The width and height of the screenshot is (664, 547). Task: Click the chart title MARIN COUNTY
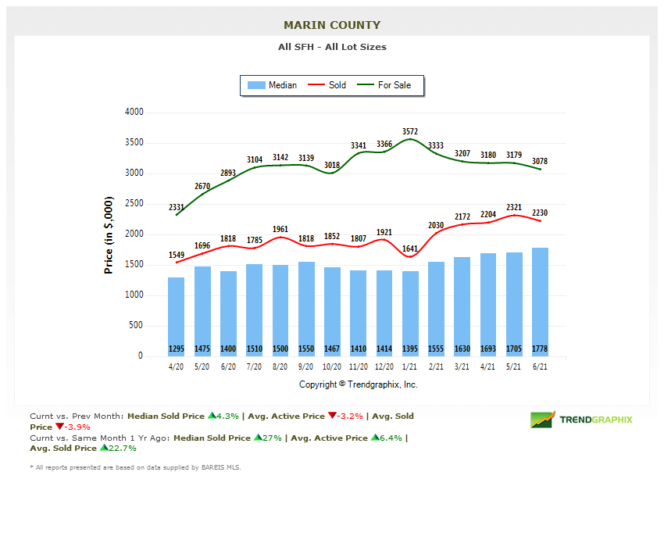[x=332, y=25]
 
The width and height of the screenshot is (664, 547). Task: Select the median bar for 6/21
[x=540, y=302]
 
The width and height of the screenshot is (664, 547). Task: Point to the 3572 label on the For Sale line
[x=411, y=131]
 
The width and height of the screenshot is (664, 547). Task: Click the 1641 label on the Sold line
[x=411, y=249]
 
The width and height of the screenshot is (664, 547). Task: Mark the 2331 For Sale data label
[x=177, y=207]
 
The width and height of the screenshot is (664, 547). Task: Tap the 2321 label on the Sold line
[x=514, y=207]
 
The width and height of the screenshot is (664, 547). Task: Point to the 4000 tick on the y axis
[x=134, y=113]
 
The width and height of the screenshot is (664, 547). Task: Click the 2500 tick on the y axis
[x=134, y=204]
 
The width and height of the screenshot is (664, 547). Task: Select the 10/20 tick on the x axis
[x=333, y=367]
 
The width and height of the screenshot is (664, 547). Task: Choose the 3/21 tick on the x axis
[x=462, y=367]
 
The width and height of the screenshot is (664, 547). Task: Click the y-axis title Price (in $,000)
[x=109, y=234]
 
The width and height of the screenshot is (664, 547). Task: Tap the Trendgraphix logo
[x=581, y=420]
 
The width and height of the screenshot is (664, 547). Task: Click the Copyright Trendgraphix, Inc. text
[x=359, y=384]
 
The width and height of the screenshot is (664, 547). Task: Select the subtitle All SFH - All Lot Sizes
[x=332, y=47]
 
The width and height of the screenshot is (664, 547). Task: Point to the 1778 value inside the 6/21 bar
[x=540, y=349]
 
